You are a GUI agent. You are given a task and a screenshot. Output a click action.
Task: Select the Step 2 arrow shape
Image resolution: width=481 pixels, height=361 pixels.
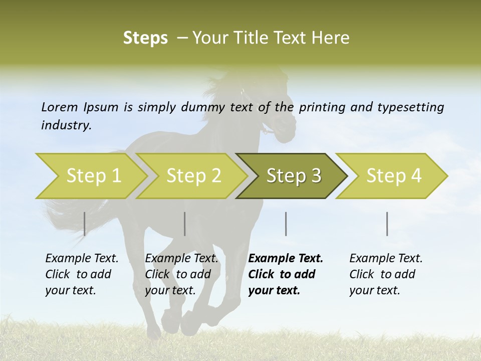[x=193, y=176]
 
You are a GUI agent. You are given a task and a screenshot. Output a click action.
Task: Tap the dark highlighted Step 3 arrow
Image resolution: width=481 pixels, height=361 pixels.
[x=293, y=176]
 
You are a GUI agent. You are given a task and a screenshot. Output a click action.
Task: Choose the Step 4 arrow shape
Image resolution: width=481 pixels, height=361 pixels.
[x=393, y=176]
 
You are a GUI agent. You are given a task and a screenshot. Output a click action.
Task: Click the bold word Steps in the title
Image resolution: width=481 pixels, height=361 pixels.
[x=145, y=38]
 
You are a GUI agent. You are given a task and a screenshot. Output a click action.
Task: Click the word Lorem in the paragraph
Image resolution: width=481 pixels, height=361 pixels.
[x=60, y=107]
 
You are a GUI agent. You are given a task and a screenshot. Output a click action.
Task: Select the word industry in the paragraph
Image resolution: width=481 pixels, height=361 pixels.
[x=66, y=125]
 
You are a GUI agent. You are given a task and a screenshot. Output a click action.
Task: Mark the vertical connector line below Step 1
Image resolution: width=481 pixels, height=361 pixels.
[x=84, y=224]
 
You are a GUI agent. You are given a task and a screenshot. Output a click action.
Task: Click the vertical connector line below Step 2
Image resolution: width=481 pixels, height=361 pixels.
[x=185, y=224]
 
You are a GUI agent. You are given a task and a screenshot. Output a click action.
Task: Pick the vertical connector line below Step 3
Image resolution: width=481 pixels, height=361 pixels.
[x=286, y=224]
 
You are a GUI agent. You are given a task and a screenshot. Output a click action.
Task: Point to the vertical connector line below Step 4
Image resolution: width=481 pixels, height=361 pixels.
[x=387, y=224]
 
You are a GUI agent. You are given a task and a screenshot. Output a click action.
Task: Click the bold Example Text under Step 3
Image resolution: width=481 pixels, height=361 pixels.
[x=286, y=274]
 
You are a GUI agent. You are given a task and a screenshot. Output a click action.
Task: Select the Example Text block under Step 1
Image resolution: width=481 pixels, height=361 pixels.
[x=82, y=274]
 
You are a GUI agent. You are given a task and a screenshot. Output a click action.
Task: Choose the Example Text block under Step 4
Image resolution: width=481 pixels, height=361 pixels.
[x=386, y=274]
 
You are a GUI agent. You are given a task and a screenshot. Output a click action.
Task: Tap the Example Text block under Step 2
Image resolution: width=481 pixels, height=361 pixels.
[x=181, y=274]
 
